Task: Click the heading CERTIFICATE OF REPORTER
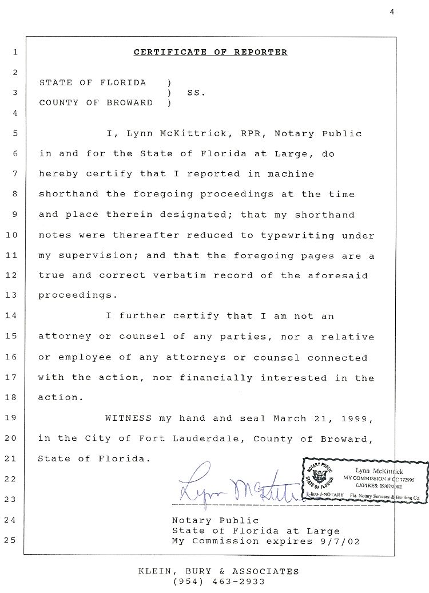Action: (210, 53)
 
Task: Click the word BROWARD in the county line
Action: (129, 103)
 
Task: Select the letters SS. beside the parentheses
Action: (195, 93)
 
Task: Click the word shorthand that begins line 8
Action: (69, 194)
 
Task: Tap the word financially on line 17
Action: (216, 378)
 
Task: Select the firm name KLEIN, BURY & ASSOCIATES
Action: (219, 571)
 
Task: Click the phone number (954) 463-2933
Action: (219, 582)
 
